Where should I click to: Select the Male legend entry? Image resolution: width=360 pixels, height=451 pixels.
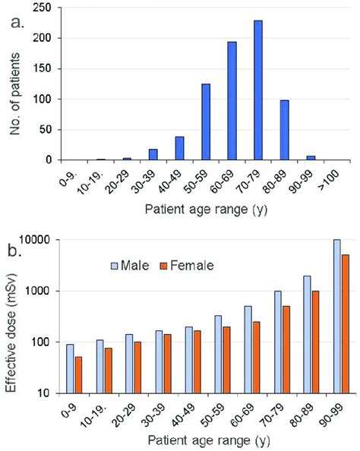point(134,266)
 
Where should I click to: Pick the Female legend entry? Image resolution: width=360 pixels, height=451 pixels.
point(187,266)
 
